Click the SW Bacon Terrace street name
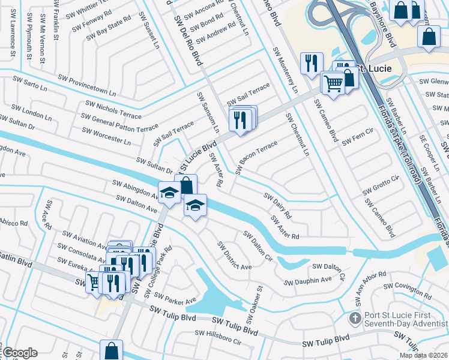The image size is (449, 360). (x=256, y=158)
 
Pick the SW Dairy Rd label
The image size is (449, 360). (x=277, y=205)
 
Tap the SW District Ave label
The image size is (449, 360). (x=234, y=256)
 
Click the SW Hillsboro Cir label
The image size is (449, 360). (x=217, y=337)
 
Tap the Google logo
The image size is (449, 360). (x=19, y=353)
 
